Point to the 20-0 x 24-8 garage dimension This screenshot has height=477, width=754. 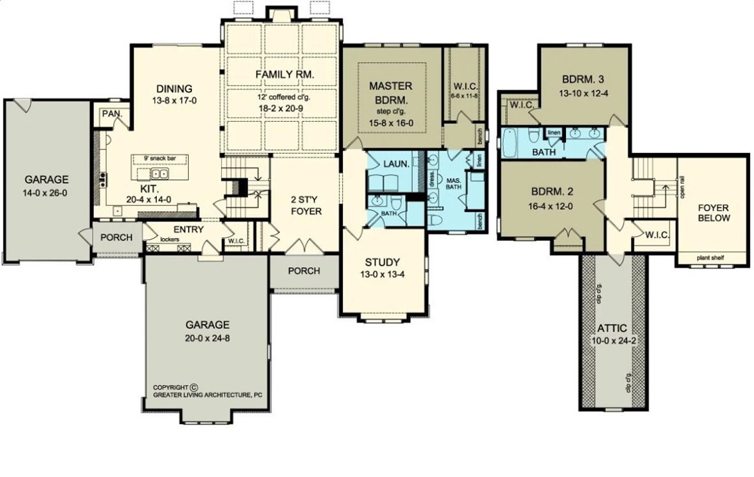[208, 338]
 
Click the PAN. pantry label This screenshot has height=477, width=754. [112, 114]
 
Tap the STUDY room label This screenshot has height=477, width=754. [382, 262]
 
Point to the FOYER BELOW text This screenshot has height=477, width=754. [713, 212]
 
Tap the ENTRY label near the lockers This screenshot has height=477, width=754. [188, 229]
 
